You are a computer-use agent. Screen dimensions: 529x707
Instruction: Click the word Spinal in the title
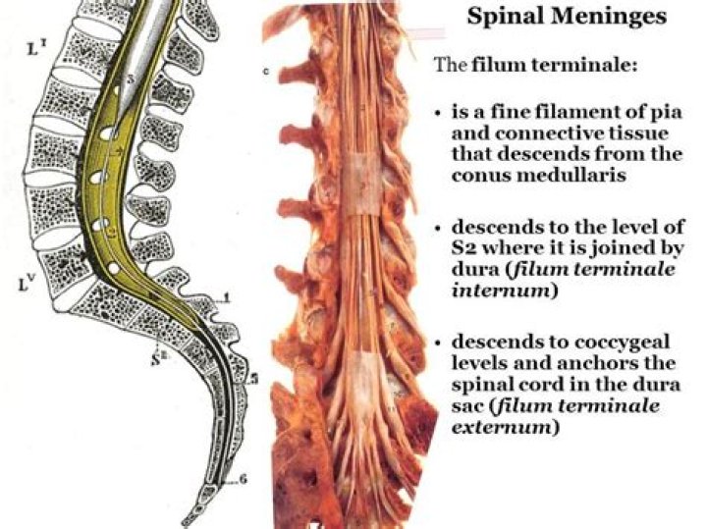click(x=503, y=17)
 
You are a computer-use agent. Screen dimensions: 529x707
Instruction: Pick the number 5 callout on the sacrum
click(x=253, y=378)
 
